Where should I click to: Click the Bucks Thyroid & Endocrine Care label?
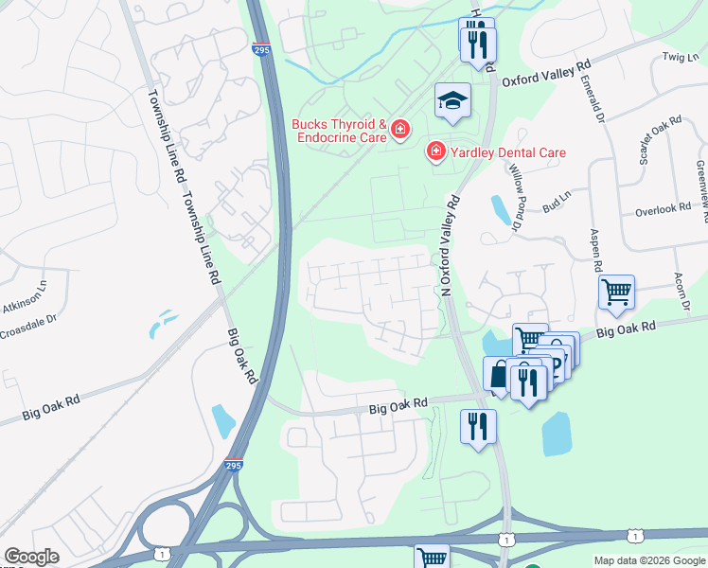click(x=339, y=132)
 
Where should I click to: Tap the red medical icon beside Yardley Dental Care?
click(x=435, y=152)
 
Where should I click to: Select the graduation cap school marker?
click(x=453, y=100)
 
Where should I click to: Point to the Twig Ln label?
click(x=680, y=57)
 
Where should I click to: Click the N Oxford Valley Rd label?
click(x=448, y=244)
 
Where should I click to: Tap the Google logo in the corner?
click(x=31, y=557)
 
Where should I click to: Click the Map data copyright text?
click(x=648, y=560)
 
